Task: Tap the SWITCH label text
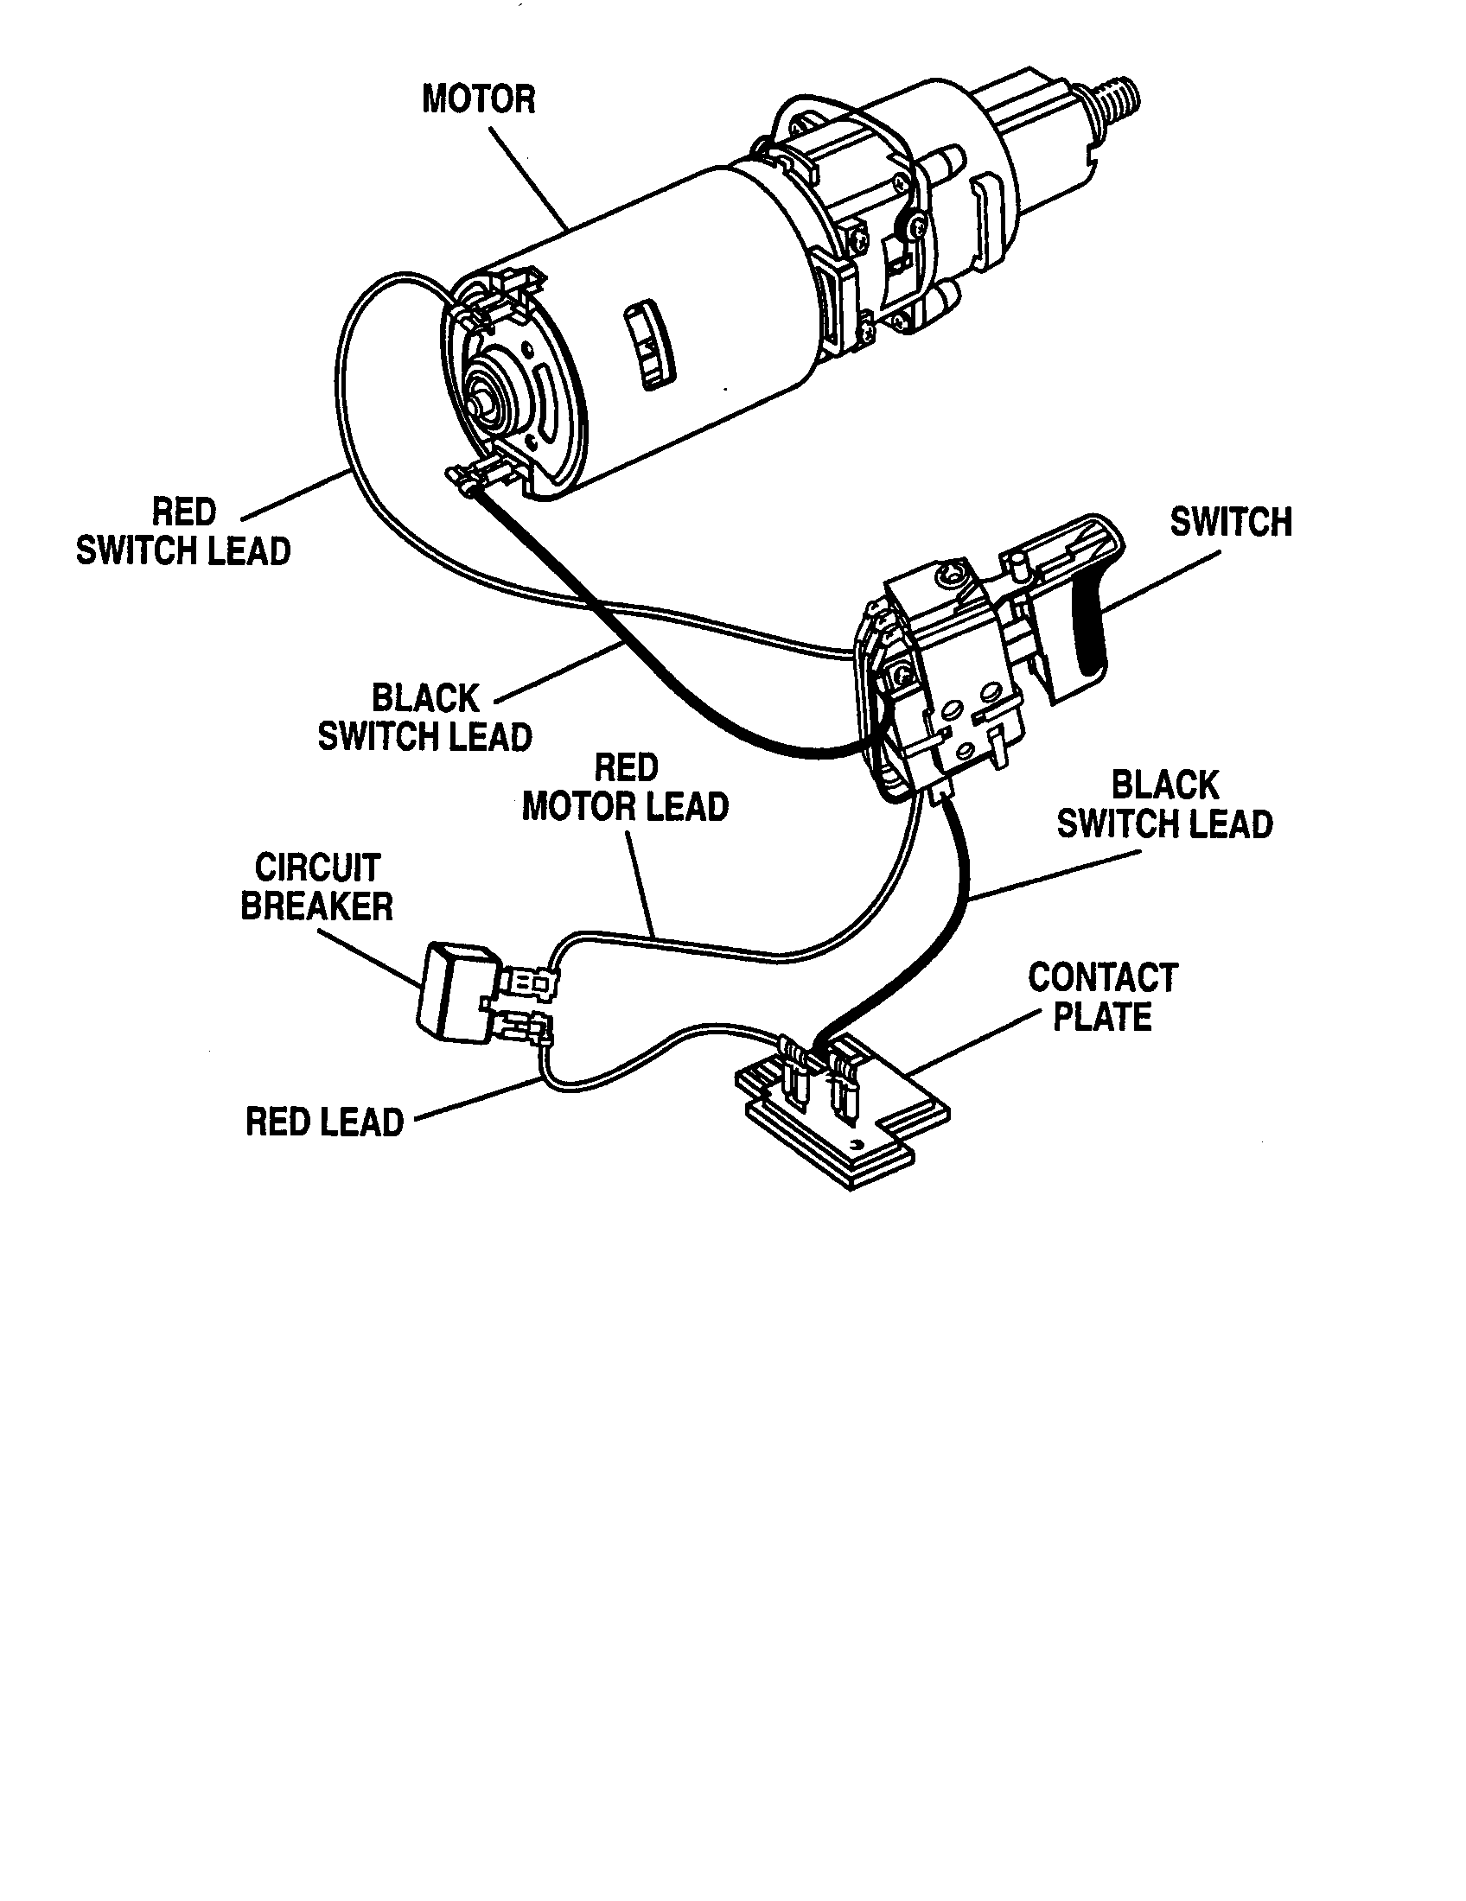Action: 1231,522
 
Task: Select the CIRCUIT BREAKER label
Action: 317,887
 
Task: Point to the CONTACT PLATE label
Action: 1103,997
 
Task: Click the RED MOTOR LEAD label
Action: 625,788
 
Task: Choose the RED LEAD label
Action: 325,1122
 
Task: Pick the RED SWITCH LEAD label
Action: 182,531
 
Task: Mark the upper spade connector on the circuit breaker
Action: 528,983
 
